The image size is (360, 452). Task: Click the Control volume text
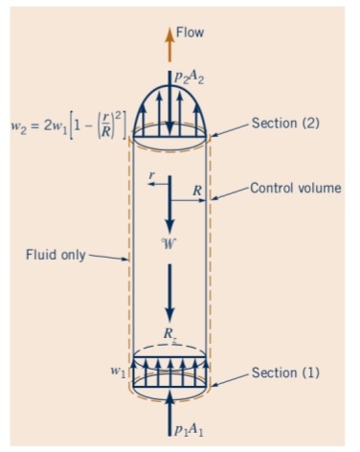point(295,188)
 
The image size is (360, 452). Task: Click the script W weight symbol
point(169,244)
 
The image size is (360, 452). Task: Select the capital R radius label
point(195,191)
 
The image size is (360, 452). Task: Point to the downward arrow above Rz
point(169,292)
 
